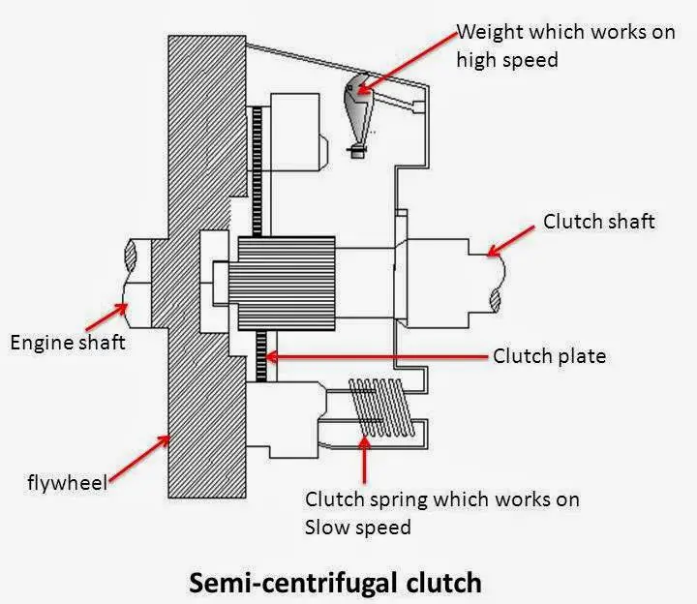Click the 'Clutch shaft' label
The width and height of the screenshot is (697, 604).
pyautogui.click(x=598, y=222)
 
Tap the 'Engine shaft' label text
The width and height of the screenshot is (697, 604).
pyautogui.click(x=67, y=342)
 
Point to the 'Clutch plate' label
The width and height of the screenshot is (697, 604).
pyautogui.click(x=549, y=356)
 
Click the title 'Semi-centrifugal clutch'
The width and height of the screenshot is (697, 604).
pyautogui.click(x=335, y=583)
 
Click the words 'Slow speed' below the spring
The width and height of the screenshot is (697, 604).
pyautogui.click(x=357, y=527)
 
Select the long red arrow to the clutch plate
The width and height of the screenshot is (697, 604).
pyautogui.click(x=378, y=356)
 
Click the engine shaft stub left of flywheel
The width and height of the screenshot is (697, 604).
pyautogui.click(x=145, y=276)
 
